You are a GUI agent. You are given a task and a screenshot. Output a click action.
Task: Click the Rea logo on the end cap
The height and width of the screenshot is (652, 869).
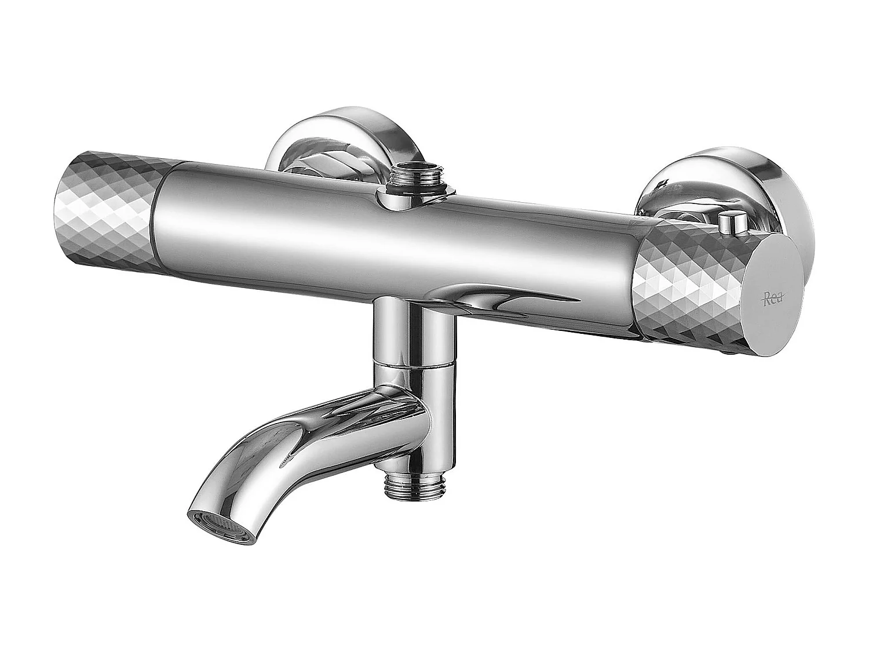771,299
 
